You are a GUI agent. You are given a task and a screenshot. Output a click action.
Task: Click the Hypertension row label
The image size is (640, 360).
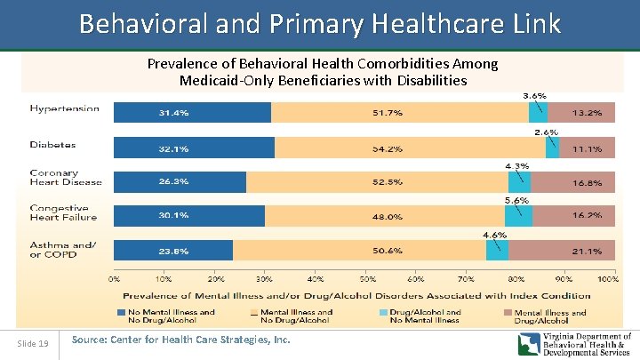click(x=65, y=109)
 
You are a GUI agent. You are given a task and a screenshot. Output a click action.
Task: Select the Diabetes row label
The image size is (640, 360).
click(x=52, y=144)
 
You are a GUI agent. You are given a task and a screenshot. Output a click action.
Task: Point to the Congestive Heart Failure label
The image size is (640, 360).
click(x=63, y=212)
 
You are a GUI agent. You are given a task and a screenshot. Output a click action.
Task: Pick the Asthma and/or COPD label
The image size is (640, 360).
click(x=63, y=249)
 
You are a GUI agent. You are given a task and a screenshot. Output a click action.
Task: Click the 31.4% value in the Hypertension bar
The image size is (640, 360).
click(x=174, y=113)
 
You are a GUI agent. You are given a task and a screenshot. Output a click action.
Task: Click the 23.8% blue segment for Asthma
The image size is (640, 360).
click(x=174, y=251)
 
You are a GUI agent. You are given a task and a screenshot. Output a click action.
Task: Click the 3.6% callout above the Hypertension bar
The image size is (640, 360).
click(x=534, y=94)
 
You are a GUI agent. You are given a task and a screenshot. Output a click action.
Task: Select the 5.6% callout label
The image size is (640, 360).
click(x=517, y=200)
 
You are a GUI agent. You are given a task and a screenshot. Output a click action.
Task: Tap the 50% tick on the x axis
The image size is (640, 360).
click(x=367, y=278)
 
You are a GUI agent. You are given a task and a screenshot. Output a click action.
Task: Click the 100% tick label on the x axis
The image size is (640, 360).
click(x=608, y=278)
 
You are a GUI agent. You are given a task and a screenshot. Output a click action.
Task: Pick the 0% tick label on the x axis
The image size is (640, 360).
click(x=114, y=278)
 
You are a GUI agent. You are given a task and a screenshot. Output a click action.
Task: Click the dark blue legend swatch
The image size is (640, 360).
click(x=122, y=313)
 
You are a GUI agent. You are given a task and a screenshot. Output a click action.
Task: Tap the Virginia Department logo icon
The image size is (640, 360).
click(x=531, y=344)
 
